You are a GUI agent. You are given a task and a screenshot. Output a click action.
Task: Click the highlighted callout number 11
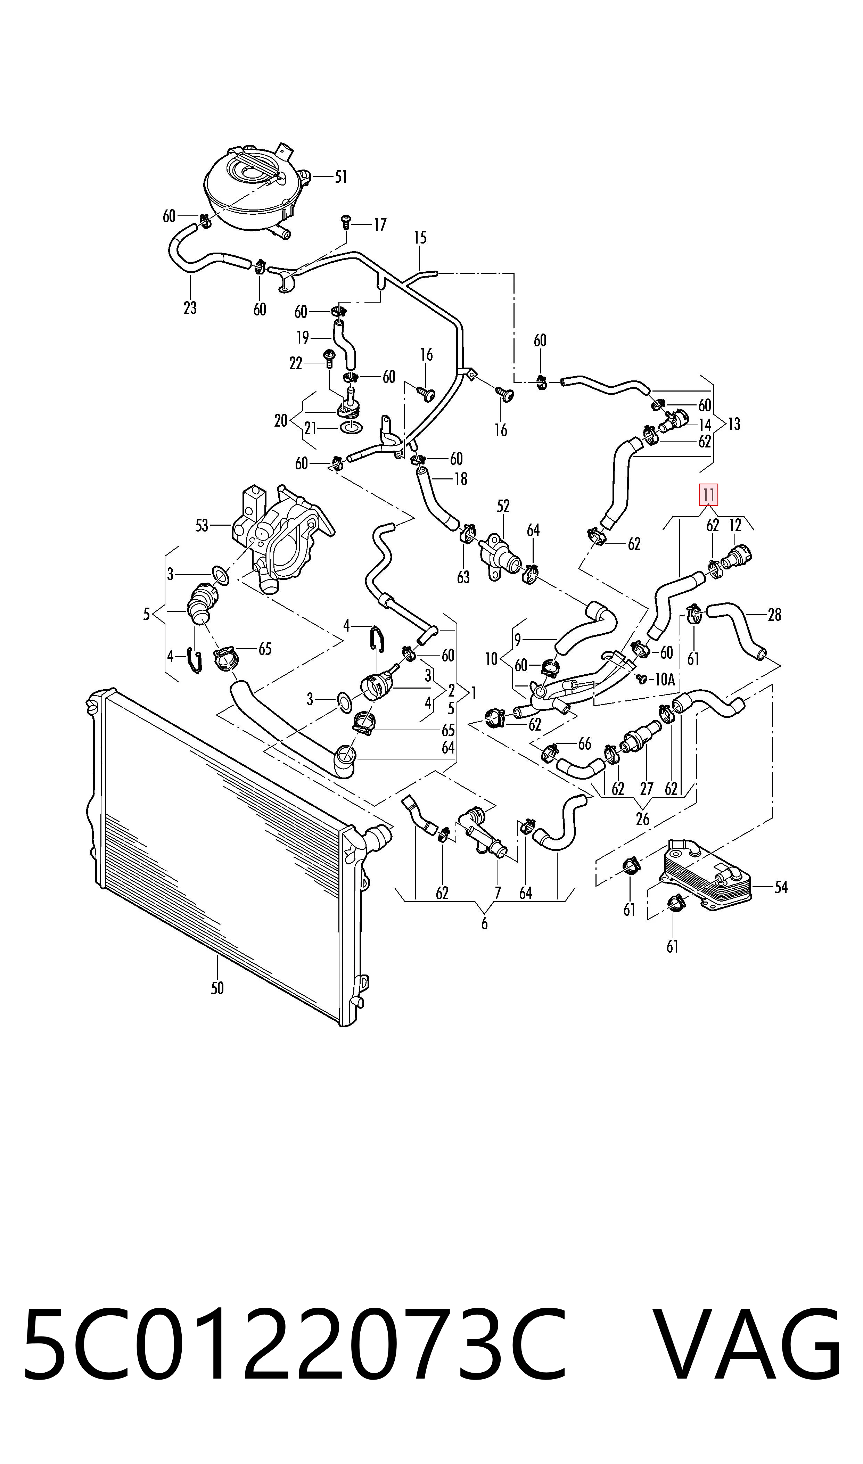coord(708,495)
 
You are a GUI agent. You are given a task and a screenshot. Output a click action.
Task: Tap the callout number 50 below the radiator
coord(217,987)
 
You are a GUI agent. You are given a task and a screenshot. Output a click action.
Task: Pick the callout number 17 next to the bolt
coord(380,224)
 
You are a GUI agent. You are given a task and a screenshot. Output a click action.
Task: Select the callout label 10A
coord(664,679)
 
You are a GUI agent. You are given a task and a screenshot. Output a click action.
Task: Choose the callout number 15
coord(420,237)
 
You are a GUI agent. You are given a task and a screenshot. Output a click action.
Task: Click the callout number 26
coord(642,819)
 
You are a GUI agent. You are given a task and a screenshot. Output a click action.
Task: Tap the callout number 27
coord(647,789)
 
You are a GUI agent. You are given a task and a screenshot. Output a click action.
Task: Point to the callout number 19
coord(302,337)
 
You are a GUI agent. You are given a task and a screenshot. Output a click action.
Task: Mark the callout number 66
coord(584,743)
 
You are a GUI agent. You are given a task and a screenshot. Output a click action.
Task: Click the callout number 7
coord(498,893)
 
